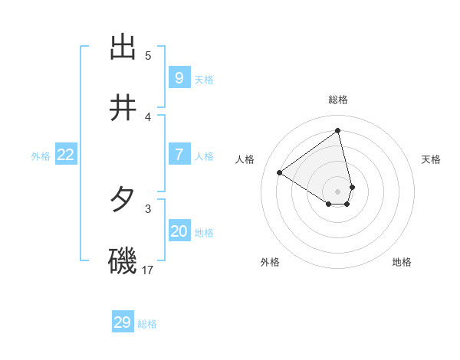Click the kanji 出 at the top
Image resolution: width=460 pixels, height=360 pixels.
pyautogui.click(x=123, y=47)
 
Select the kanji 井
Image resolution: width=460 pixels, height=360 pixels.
pyautogui.click(x=123, y=108)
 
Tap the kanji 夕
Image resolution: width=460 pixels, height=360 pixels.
pyautogui.click(x=123, y=200)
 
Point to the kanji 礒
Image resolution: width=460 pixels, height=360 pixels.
pyautogui.click(x=123, y=261)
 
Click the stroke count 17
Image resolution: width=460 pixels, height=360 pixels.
pyautogui.click(x=148, y=270)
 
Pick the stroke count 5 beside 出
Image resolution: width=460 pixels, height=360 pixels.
pyautogui.click(x=148, y=55)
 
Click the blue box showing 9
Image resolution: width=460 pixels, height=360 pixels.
pyautogui.click(x=179, y=78)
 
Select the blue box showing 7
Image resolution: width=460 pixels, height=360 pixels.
pyautogui.click(x=179, y=155)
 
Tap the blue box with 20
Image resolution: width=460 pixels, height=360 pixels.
pyautogui.click(x=179, y=231)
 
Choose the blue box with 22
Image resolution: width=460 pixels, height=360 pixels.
pyautogui.click(x=66, y=155)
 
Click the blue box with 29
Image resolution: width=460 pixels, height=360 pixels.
pyautogui.click(x=123, y=322)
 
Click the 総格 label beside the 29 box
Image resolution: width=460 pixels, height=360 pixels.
pyautogui.click(x=147, y=324)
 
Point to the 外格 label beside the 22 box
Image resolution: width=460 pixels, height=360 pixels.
pyautogui.click(x=41, y=156)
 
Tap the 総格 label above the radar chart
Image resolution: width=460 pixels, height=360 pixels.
pyautogui.click(x=338, y=100)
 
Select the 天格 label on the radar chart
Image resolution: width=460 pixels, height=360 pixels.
pyautogui.click(x=432, y=159)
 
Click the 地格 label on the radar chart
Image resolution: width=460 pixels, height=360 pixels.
pyautogui.click(x=402, y=262)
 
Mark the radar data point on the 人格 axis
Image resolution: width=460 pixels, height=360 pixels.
pyautogui.click(x=280, y=172)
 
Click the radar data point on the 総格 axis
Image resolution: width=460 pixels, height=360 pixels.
pyautogui.click(x=338, y=131)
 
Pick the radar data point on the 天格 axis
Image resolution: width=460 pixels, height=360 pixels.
pyautogui.click(x=352, y=187)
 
